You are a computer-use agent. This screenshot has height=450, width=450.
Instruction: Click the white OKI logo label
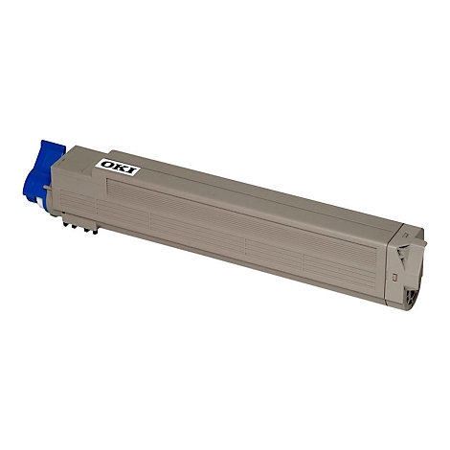(119, 168)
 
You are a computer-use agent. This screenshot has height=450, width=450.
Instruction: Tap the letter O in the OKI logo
(107, 165)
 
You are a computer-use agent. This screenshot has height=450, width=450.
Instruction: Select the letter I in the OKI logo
(131, 170)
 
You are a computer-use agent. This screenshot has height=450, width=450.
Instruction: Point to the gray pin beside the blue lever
(48, 188)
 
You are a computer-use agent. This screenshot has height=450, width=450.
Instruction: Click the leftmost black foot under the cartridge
(65, 224)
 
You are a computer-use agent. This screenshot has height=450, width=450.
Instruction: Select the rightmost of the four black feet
(95, 232)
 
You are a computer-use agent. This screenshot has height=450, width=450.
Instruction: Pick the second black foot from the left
(75, 227)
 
